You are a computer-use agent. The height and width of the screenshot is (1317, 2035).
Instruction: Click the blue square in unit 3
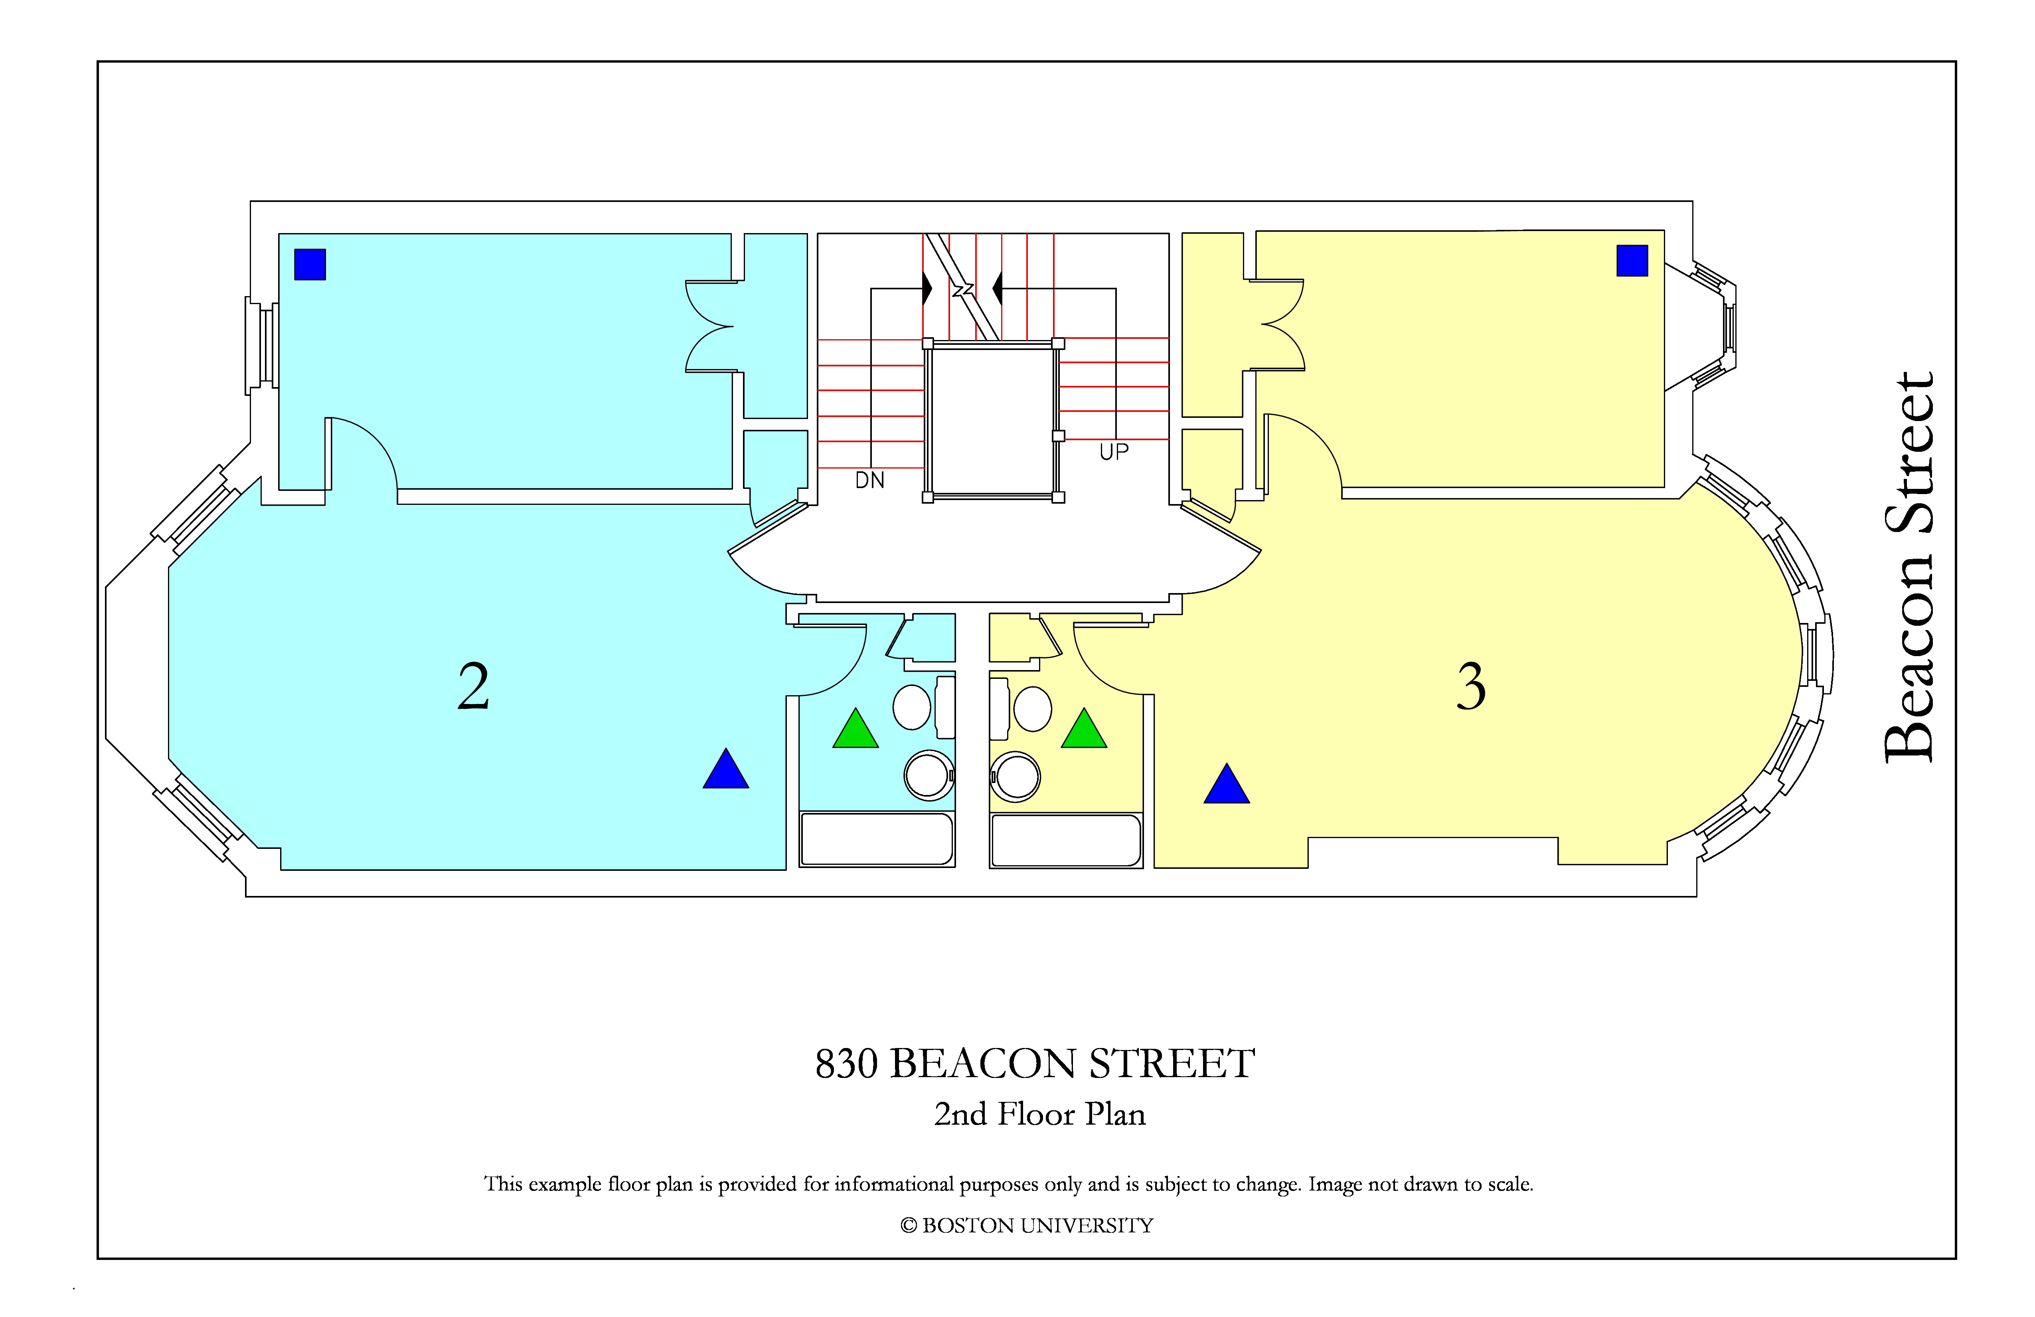click(1632, 261)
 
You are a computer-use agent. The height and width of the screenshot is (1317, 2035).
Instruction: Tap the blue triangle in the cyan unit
click(726, 769)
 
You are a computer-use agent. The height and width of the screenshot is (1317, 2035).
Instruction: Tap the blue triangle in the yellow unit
click(1227, 784)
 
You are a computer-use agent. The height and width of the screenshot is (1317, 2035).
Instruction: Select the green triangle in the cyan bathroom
click(856, 729)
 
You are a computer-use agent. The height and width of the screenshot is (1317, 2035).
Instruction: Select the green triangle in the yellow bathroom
click(1084, 729)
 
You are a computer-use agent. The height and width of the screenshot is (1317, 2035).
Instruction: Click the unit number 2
click(474, 687)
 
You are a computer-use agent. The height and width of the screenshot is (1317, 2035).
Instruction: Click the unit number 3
click(1472, 687)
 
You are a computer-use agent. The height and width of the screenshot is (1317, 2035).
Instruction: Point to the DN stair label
click(869, 481)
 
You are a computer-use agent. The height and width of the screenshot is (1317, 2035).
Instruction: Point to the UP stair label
click(1114, 451)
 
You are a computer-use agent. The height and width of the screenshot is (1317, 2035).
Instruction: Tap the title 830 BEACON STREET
click(1035, 1064)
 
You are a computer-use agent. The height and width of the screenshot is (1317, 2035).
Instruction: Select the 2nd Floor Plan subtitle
click(1040, 1114)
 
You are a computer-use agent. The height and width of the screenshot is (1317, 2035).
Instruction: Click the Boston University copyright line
click(1026, 1226)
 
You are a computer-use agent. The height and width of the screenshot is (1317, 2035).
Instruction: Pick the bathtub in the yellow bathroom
click(1066, 840)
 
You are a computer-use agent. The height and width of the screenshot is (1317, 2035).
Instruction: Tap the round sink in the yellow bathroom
click(1016, 777)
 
